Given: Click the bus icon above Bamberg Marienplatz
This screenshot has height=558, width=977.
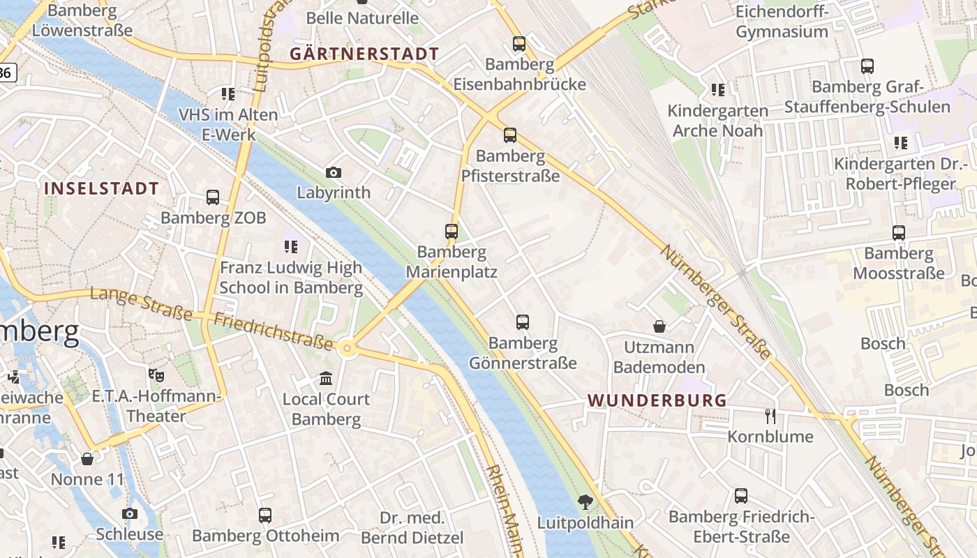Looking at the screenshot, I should coord(452,231).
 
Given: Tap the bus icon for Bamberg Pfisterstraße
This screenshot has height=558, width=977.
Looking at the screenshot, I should coord(510,135).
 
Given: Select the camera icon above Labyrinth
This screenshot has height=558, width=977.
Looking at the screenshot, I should coord(334,172).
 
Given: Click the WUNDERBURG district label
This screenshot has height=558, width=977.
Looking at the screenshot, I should coord(657,400).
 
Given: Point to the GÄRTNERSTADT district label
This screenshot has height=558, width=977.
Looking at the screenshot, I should coord(364,54).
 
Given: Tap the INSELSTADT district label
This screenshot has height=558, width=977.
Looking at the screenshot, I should coord(102,188).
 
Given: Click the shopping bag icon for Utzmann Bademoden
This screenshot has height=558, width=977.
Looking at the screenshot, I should coord(659,326).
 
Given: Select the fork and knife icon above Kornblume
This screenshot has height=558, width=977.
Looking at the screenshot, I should coord(770,416).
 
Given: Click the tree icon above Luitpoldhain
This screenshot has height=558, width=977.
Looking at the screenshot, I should coord(585,502).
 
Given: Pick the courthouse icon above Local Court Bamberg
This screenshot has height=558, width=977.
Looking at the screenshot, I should coord(326,379).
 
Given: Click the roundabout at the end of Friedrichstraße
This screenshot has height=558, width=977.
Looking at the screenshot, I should coord(347,348).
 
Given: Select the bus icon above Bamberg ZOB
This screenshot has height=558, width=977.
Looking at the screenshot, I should coord(213,197).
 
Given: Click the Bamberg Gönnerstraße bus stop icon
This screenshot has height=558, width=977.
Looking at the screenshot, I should coord(523,322).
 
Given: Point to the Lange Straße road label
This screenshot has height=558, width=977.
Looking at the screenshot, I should coord(141,304).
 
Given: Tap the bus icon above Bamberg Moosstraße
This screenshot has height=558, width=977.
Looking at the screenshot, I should coord(899,233).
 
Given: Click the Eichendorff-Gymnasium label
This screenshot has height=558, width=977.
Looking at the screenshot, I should coord(782,22).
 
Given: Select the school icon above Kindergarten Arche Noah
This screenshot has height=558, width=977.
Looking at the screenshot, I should coord(718,90).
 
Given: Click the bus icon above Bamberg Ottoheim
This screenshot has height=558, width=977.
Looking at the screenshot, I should coord(265,515).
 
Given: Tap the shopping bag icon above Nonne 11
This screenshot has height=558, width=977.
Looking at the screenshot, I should coord(87,459).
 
